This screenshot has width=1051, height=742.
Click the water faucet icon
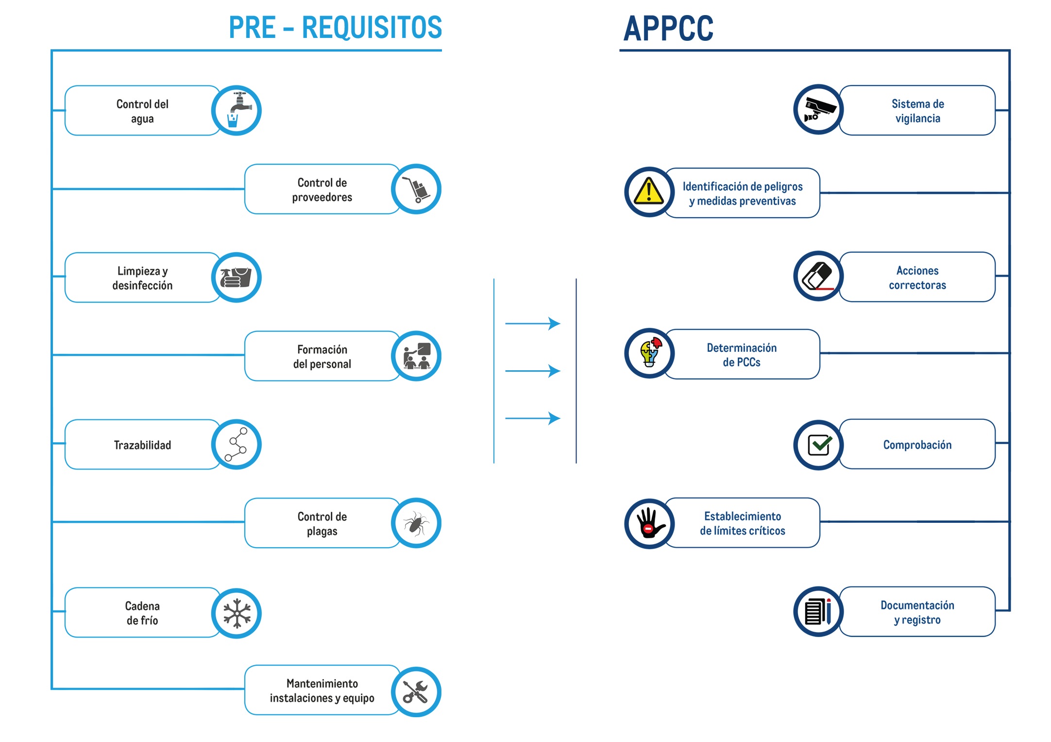[237, 110]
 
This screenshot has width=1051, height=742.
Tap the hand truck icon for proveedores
[416, 189]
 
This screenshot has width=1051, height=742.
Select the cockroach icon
[416, 523]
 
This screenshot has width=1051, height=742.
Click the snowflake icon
[237, 613]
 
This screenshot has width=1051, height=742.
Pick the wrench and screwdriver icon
[416, 692]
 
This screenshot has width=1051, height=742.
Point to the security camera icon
[819, 110]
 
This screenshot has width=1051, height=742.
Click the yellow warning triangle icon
[649, 191]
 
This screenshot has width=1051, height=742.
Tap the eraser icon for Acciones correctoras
[819, 276]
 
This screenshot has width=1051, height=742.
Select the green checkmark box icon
[819, 445]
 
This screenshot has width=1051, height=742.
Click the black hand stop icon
[649, 523]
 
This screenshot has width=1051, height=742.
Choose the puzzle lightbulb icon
[649, 353]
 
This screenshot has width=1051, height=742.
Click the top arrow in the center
[533, 323]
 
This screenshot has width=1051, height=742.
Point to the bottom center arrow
[533, 418]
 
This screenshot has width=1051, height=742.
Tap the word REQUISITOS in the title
[372, 28]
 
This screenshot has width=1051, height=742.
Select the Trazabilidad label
[142, 445]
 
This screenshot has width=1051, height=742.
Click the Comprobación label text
[917, 445]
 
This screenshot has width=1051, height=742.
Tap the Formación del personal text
[322, 357]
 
